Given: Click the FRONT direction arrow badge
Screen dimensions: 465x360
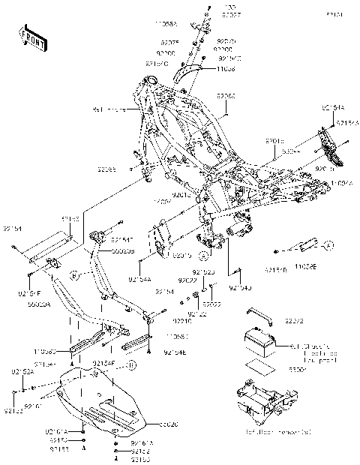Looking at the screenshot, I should [31, 38].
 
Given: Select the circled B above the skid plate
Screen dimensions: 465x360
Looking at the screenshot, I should [131, 365].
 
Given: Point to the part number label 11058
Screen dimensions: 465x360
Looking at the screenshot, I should [205, 67].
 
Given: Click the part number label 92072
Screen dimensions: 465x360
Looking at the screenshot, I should [293, 320].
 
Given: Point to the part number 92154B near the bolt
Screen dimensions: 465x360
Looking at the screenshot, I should [274, 268].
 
